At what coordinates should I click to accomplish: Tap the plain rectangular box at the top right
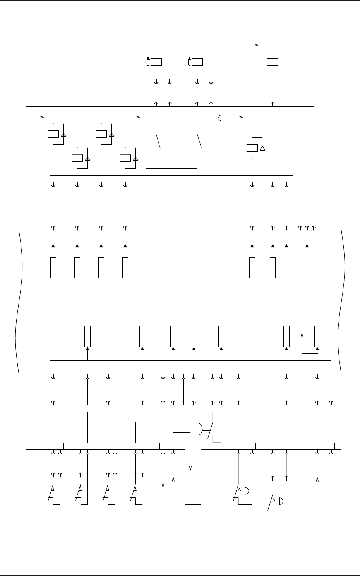point(273,62)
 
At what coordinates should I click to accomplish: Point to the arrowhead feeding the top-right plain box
point(256,45)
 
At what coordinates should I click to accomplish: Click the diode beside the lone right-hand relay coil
point(262,148)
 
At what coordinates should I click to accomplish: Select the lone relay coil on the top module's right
point(252,148)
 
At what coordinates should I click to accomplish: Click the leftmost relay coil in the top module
point(53,134)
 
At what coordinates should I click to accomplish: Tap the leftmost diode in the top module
point(63,134)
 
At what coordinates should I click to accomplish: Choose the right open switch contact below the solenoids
point(200,141)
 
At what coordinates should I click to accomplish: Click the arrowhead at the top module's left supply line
point(43,116)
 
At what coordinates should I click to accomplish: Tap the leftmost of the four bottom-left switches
point(51,494)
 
